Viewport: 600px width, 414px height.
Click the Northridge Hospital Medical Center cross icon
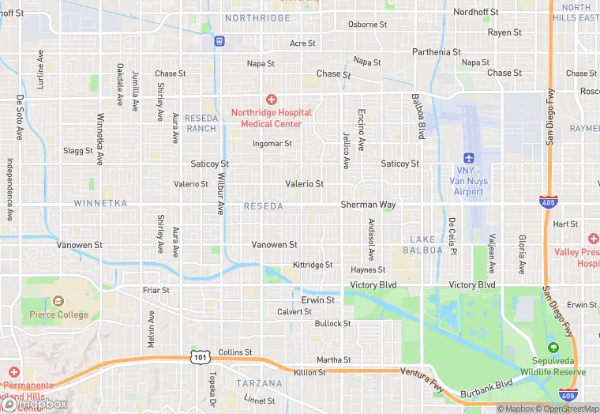pyautogui.click(x=272, y=100)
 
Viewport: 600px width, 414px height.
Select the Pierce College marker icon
pyautogui.click(x=58, y=301)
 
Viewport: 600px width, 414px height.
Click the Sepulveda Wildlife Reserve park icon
pyautogui.click(x=553, y=348)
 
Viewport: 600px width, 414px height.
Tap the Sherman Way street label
pyautogui.click(x=368, y=205)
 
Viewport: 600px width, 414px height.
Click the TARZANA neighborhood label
pyautogui.click(x=259, y=383)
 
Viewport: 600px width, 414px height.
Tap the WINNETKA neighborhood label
pyautogui.click(x=100, y=203)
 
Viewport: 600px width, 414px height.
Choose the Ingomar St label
pyautogui.click(x=272, y=144)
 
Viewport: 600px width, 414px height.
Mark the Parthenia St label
pyautogui.click(x=437, y=52)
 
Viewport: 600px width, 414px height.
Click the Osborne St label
pyautogui.click(x=368, y=24)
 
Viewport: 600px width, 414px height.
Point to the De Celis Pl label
pyautogui.click(x=453, y=236)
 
